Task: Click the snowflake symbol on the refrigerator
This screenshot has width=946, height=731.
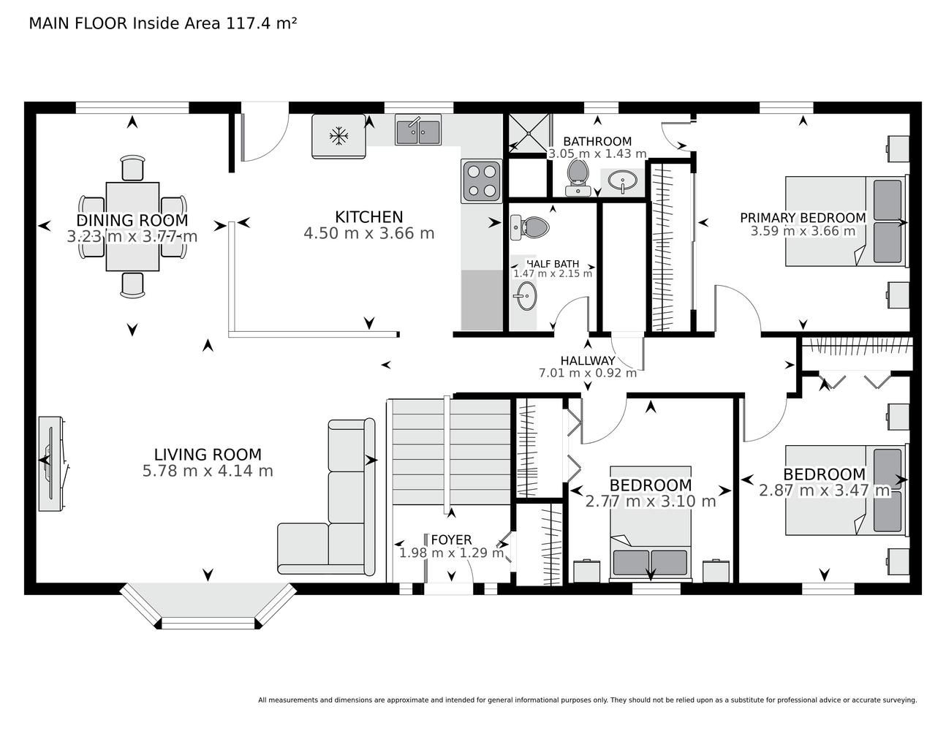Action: point(338,136)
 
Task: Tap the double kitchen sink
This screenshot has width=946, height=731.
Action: point(418,129)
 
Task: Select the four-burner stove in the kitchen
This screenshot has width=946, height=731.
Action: point(482,181)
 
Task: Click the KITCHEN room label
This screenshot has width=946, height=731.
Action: point(369,216)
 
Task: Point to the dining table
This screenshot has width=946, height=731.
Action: point(132,227)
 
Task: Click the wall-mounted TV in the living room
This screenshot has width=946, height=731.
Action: point(51,463)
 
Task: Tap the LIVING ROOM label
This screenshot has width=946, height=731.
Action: point(208,455)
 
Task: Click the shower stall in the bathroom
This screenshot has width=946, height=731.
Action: point(529,134)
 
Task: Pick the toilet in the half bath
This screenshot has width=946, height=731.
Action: point(529,227)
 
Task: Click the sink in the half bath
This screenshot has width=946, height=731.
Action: point(527,296)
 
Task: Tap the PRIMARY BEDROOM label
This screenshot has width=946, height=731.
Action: point(803,218)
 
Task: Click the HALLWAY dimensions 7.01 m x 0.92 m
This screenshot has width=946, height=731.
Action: point(587,373)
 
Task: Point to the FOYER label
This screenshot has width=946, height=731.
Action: point(451,540)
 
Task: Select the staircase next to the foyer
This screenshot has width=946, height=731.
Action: point(451,452)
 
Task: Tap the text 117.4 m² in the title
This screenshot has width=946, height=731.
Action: point(261,23)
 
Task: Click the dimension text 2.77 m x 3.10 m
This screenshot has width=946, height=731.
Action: point(651,501)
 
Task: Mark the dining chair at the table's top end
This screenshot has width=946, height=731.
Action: point(132,168)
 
